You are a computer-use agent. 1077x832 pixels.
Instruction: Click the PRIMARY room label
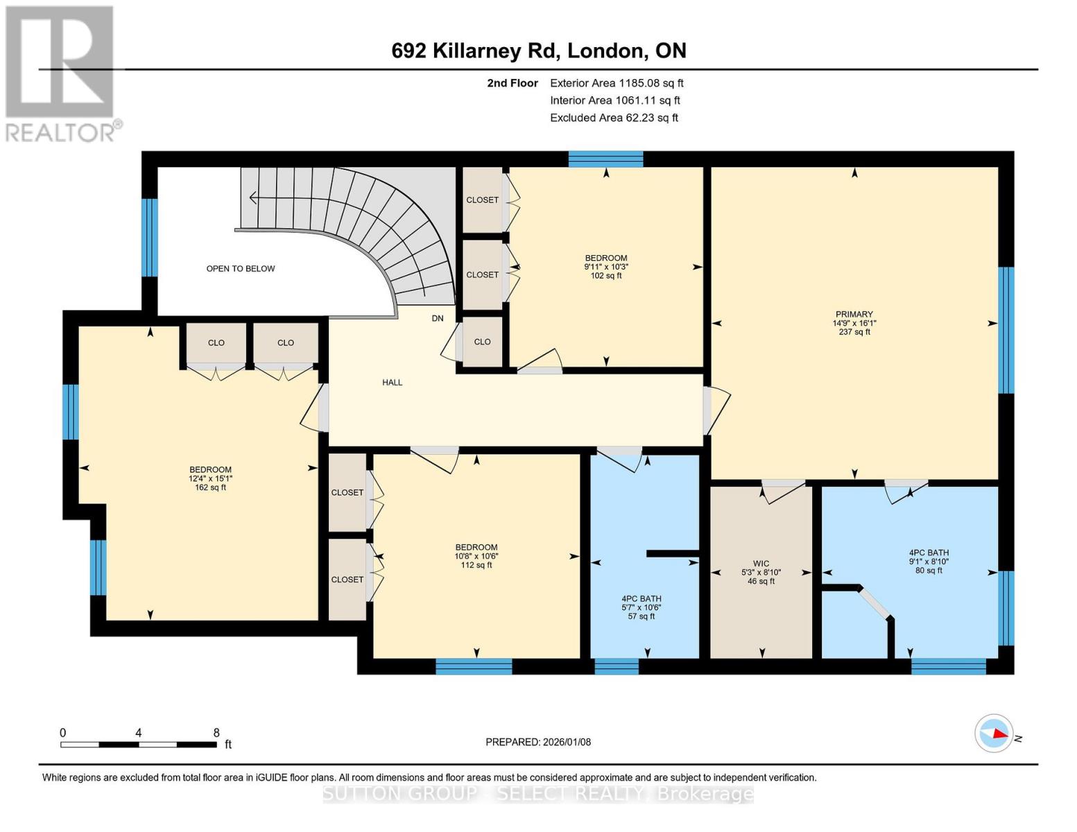point(854,314)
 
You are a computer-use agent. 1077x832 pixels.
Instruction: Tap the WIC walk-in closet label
point(761,564)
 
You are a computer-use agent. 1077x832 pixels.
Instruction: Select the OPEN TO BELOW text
point(241,268)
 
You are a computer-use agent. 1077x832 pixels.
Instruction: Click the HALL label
point(392,382)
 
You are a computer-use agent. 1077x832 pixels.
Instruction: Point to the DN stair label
point(438,318)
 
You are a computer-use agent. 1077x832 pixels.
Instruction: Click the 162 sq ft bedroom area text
point(210,487)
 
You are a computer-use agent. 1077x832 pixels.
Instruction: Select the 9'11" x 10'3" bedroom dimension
point(605,267)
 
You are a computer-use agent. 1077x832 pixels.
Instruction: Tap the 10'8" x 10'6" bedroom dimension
point(476,556)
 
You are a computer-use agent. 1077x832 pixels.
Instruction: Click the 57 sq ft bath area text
point(641,616)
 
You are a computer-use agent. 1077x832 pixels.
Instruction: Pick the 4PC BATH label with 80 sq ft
point(929,553)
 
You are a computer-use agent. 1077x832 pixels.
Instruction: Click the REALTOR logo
point(60,73)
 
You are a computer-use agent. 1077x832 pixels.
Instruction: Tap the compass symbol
point(994,733)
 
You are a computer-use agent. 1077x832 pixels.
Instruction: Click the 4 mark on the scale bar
point(139,733)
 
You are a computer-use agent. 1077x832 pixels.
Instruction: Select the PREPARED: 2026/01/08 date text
point(538,742)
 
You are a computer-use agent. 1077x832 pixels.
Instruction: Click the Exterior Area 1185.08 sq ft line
point(617,83)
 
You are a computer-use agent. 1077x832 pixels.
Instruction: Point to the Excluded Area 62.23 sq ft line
point(614,118)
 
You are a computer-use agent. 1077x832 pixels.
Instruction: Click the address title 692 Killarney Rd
point(539,51)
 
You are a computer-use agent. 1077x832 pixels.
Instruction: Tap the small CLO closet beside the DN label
point(483,342)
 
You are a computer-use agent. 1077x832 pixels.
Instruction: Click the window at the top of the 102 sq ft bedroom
point(605,159)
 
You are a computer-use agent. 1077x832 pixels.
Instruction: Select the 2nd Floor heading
point(512,83)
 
